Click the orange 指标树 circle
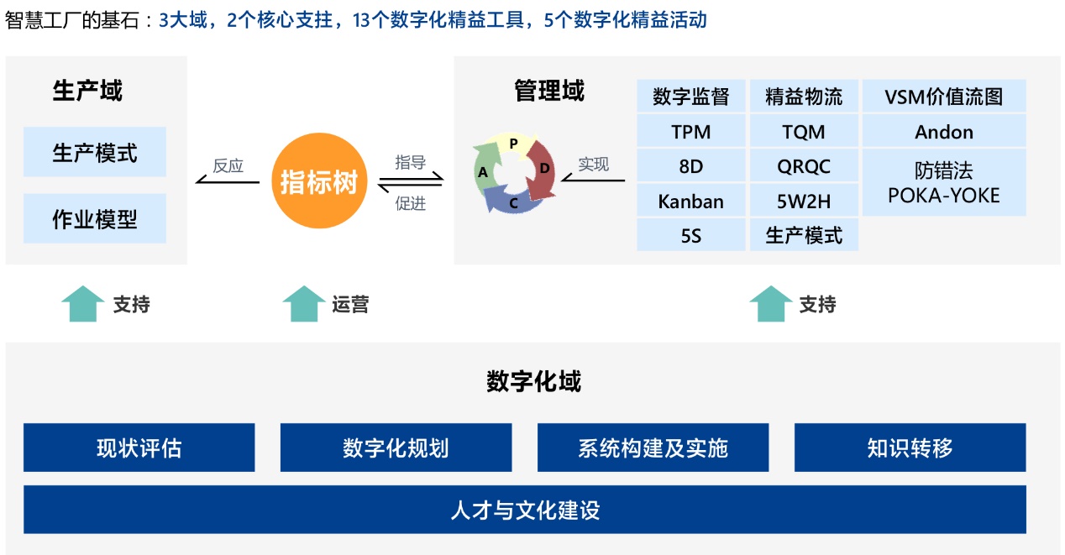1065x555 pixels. pos(319,181)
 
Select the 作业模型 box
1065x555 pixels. pos(95,218)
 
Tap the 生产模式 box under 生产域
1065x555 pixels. pos(95,152)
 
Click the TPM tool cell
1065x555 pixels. pos(691,132)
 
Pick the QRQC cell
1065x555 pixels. pos(804,166)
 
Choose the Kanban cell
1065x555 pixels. pos(691,201)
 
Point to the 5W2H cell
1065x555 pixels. pos(804,201)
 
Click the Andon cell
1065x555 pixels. pos(944,132)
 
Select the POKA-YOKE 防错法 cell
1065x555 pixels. pos(944,183)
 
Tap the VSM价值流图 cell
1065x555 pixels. pos(944,97)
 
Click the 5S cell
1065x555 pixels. pos(691,235)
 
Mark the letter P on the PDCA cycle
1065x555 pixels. pos(513,143)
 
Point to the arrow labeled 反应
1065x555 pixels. pos(228,181)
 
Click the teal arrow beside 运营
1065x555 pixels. pos(303,304)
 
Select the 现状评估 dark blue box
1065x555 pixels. pos(139,448)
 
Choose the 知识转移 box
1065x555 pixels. pos(910,448)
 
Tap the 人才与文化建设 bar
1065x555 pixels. pos(525,510)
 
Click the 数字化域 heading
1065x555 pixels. pos(533,381)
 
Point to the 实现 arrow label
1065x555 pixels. pos(593,165)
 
